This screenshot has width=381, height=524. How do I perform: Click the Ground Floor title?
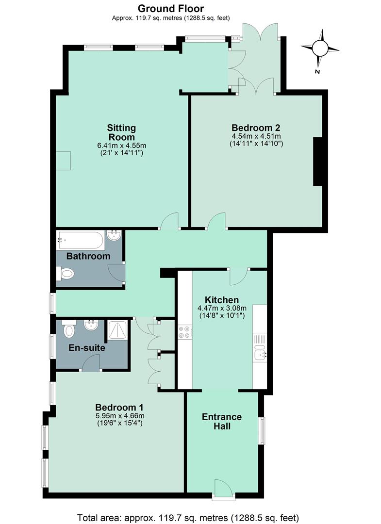click(x=171, y=8)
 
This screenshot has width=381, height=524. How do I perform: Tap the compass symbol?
click(x=320, y=48)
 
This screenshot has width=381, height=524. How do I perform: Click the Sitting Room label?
click(x=121, y=132)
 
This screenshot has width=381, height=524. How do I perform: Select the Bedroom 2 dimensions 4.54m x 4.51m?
click(x=256, y=136)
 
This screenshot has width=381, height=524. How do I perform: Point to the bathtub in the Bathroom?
click(x=80, y=240)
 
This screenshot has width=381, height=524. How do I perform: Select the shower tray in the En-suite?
click(x=117, y=330)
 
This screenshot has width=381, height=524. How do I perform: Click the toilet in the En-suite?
click(x=69, y=328)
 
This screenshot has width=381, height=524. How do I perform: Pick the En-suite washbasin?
click(x=91, y=325)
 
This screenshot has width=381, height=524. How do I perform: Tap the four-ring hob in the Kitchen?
click(x=184, y=332)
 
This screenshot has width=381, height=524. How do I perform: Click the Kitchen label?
click(x=222, y=300)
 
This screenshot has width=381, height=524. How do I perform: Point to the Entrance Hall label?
click(x=222, y=422)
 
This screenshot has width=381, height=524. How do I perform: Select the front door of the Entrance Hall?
click(x=223, y=489)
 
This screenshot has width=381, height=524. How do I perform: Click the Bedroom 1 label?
click(x=119, y=408)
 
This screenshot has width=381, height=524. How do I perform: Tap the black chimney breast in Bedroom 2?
click(x=317, y=162)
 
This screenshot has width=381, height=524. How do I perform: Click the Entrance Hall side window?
click(x=262, y=430)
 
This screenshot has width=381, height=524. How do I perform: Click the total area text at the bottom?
click(x=188, y=518)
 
